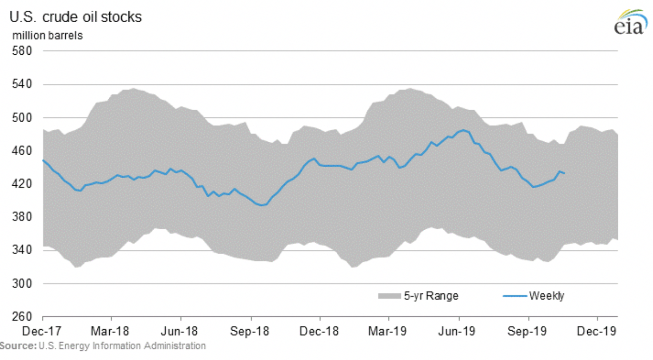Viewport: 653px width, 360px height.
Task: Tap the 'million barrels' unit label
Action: pyautogui.click(x=44, y=36)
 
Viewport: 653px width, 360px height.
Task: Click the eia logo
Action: pyautogui.click(x=628, y=22)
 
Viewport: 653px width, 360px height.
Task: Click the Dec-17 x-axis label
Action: pyautogui.click(x=43, y=331)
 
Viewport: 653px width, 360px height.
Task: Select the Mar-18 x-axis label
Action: pyautogui.click(x=111, y=331)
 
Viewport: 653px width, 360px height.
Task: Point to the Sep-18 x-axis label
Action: pyautogui.click(x=251, y=331)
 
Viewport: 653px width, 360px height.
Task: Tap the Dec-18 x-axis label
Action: pyautogui.click(x=320, y=331)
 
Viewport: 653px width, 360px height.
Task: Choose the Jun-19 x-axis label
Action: pyautogui.click(x=459, y=331)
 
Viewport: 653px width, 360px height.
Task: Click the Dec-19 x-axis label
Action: pyautogui.click(x=598, y=331)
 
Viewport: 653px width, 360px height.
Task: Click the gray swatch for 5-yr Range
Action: pyautogui.click(x=389, y=296)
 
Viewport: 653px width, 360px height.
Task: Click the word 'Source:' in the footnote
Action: pyautogui.click(x=18, y=345)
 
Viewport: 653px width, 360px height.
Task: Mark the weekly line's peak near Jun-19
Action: pyautogui.click(x=463, y=130)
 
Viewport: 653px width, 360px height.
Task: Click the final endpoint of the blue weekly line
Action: pyautogui.click(x=564, y=173)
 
